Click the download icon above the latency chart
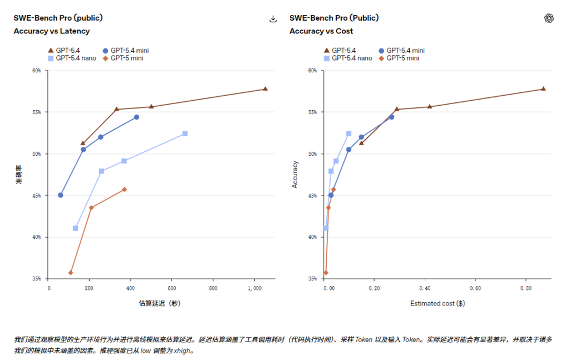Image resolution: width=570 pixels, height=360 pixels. pyautogui.click(x=273, y=19)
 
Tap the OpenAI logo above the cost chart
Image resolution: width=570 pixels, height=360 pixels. pyautogui.click(x=549, y=18)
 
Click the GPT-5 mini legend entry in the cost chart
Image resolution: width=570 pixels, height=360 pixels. pyautogui.click(x=400, y=58)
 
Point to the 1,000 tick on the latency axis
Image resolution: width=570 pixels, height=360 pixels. pyautogui.click(x=254, y=288)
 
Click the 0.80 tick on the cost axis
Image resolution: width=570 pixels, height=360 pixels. pyautogui.click(x=525, y=288)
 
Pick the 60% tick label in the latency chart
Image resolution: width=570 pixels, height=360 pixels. pyautogui.click(x=36, y=71)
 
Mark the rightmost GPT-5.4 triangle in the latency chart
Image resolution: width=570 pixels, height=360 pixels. pyautogui.click(x=266, y=88)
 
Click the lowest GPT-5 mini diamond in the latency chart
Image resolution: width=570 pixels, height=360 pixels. pyautogui.click(x=71, y=273)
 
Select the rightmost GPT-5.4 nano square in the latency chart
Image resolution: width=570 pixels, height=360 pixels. pyautogui.click(x=185, y=134)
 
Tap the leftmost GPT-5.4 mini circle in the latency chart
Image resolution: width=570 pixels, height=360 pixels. pyautogui.click(x=60, y=195)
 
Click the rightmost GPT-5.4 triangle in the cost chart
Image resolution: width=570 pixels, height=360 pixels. pyautogui.click(x=543, y=88)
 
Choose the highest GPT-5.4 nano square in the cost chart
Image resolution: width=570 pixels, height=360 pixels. pyautogui.click(x=348, y=134)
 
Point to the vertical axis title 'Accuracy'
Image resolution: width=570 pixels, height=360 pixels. pyautogui.click(x=296, y=174)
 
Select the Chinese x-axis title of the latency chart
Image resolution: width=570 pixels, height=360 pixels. pyautogui.click(x=160, y=304)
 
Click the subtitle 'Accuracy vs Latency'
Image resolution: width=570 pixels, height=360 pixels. pyautogui.click(x=52, y=31)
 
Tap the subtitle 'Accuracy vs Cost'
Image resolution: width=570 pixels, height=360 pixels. pyautogui.click(x=321, y=31)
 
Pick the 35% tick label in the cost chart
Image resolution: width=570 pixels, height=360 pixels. pyautogui.click(x=312, y=279)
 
